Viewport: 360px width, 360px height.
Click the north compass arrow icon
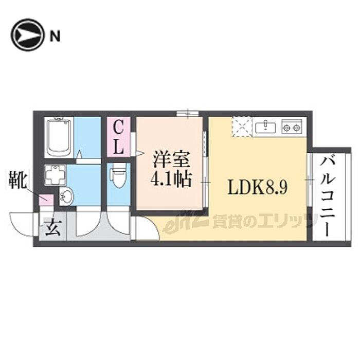pos(27,35)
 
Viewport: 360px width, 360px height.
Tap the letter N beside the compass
pos(55,35)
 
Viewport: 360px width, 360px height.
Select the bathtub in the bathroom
pos(61,136)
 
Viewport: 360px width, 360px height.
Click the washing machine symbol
pos(55,174)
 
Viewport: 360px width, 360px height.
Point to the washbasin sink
pos(66,196)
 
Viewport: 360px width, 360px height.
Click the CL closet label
pos(118,137)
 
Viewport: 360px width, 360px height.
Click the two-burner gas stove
pos(291,127)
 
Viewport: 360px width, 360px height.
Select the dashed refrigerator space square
pos(241,127)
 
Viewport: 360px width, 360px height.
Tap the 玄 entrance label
pos(53,227)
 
